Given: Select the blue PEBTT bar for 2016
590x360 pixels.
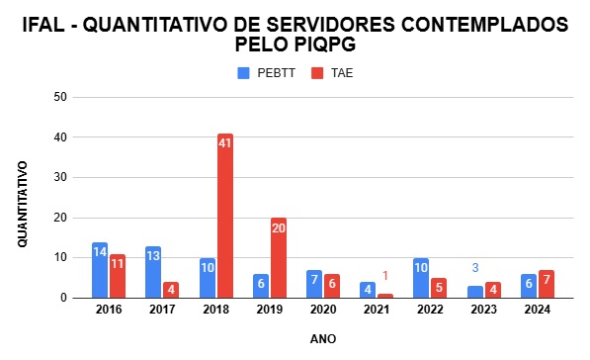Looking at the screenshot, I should click(x=100, y=270).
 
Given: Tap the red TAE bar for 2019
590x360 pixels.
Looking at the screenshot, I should click(x=279, y=257).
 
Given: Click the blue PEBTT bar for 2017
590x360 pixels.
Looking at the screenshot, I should click(x=153, y=272).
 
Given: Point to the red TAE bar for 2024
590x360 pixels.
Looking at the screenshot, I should click(x=546, y=284).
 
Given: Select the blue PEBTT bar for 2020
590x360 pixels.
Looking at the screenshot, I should click(x=314, y=284).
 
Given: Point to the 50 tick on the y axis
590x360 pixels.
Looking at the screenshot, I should click(x=60, y=97).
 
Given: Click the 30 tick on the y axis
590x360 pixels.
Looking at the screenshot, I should click(x=60, y=177).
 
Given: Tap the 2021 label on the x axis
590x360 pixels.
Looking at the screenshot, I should click(x=377, y=309).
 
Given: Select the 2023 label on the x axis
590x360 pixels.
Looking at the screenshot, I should click(x=483, y=309).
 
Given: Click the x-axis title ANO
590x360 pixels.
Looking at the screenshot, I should click(x=323, y=338).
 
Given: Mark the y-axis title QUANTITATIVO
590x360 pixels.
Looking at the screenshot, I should click(x=21, y=198).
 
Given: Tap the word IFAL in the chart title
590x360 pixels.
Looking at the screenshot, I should click(x=45, y=24).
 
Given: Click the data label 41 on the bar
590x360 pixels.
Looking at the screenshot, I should click(x=225, y=143).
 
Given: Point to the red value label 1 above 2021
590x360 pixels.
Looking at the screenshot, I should click(x=385, y=276).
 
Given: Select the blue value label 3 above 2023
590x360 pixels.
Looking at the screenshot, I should click(x=474, y=268).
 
